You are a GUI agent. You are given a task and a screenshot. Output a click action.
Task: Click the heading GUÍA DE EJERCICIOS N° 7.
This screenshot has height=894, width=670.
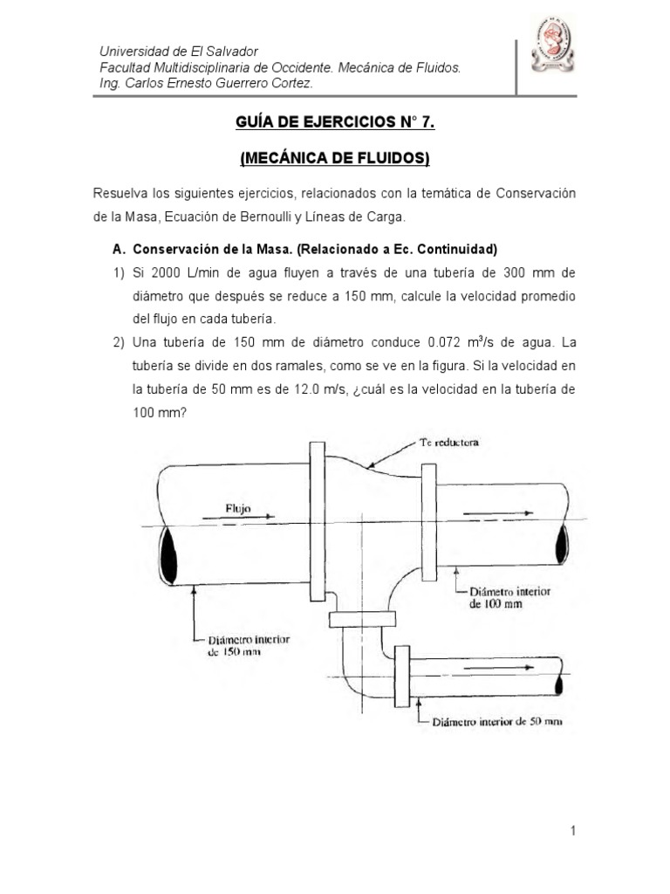(334, 124)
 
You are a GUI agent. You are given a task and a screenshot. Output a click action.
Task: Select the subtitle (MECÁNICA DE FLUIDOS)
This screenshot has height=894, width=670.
(334, 159)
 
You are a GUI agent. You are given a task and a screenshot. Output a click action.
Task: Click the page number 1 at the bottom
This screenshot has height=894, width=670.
(573, 832)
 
